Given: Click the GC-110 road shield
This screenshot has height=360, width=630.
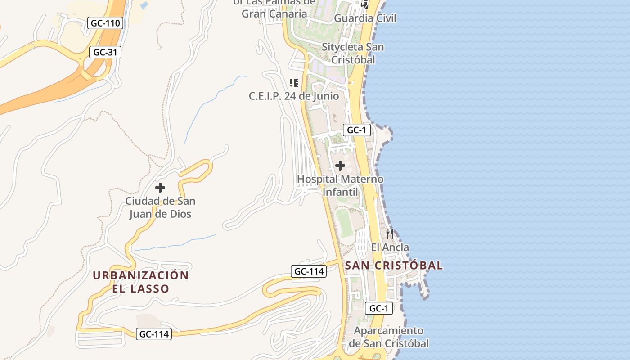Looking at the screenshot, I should (x=105, y=23).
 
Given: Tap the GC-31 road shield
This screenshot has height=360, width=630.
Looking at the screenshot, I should (x=105, y=52).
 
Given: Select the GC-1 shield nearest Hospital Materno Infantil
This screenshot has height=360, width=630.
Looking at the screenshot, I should (x=356, y=130).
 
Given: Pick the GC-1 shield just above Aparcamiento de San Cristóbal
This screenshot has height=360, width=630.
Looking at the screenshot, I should (x=378, y=308).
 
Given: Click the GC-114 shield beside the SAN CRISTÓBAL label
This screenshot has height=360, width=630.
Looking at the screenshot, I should (x=308, y=271).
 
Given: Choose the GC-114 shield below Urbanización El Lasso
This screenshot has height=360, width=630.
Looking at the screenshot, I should (x=154, y=334).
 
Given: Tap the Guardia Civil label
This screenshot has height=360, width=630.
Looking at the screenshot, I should (x=365, y=18).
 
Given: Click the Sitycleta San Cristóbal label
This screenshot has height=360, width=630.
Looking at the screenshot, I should (x=352, y=53).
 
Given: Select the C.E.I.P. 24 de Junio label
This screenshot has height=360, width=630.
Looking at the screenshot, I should (x=294, y=96).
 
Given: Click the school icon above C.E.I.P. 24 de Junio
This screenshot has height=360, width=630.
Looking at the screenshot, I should (x=294, y=83).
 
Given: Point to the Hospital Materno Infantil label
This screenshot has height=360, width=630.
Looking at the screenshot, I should (x=340, y=185).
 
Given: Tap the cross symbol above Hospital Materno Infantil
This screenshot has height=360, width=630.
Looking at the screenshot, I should (x=340, y=166).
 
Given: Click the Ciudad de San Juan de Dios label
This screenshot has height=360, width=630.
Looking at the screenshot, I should (x=160, y=207).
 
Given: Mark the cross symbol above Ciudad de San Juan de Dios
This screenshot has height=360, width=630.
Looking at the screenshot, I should (x=160, y=188).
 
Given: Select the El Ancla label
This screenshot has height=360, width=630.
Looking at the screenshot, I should (x=390, y=247).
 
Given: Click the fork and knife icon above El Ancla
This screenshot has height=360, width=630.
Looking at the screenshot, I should (x=390, y=234).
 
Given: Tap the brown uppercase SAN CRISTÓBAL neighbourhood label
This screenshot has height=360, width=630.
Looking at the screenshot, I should (x=394, y=265).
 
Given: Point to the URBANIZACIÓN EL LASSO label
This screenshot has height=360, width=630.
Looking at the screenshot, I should (x=140, y=282).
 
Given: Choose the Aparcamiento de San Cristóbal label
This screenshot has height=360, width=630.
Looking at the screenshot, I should (x=389, y=337).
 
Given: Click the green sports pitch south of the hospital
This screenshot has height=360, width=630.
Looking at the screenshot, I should (x=345, y=223).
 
